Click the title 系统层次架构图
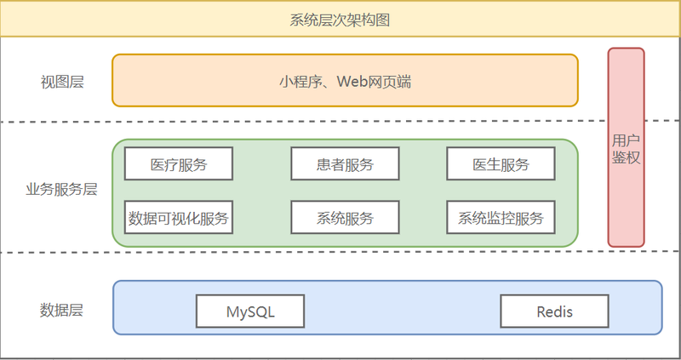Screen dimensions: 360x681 click(340, 19)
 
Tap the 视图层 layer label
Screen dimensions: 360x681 click(62, 83)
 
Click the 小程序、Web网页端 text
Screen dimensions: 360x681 click(345, 82)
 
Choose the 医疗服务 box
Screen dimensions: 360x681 click(179, 164)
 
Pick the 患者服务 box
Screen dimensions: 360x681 click(345, 164)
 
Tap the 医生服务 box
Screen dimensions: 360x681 click(501, 164)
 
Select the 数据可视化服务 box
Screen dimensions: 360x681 click(179, 218)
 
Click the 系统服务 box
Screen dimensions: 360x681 click(345, 218)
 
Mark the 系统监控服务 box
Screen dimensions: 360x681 click(501, 218)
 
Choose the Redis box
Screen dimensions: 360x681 click(554, 311)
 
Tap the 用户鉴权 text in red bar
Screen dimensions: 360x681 click(626, 148)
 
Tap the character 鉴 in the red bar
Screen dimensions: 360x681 click(619, 157)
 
